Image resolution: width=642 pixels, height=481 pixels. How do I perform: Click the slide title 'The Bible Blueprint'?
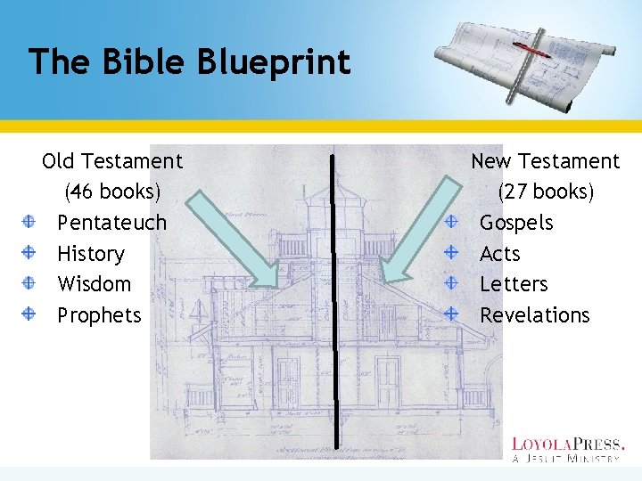pyautogui.click(x=189, y=62)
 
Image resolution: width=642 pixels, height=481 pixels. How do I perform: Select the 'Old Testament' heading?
pyautogui.click(x=112, y=161)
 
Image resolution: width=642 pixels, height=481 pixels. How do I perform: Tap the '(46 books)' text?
pyautogui.click(x=112, y=192)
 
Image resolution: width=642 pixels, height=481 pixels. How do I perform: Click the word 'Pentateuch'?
pyautogui.click(x=111, y=223)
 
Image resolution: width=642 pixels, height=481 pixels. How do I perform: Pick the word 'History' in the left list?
pyautogui.click(x=90, y=254)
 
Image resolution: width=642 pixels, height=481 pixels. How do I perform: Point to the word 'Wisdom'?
pyautogui.click(x=94, y=284)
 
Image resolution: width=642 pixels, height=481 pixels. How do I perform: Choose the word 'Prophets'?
pyautogui.click(x=99, y=315)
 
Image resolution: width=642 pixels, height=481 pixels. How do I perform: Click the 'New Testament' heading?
pyautogui.click(x=545, y=161)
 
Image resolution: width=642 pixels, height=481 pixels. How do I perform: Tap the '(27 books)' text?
pyautogui.click(x=546, y=192)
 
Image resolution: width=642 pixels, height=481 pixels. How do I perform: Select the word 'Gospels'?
pyautogui.click(x=516, y=223)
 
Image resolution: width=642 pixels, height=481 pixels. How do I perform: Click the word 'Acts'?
pyautogui.click(x=499, y=254)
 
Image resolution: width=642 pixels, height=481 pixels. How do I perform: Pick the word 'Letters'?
pyautogui.click(x=514, y=284)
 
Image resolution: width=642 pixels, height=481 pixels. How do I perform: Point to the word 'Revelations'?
pyautogui.click(x=534, y=315)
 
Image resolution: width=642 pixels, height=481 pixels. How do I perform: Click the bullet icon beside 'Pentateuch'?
pyautogui.click(x=29, y=222)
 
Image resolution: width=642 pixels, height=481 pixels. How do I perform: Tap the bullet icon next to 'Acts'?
pyautogui.click(x=451, y=253)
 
